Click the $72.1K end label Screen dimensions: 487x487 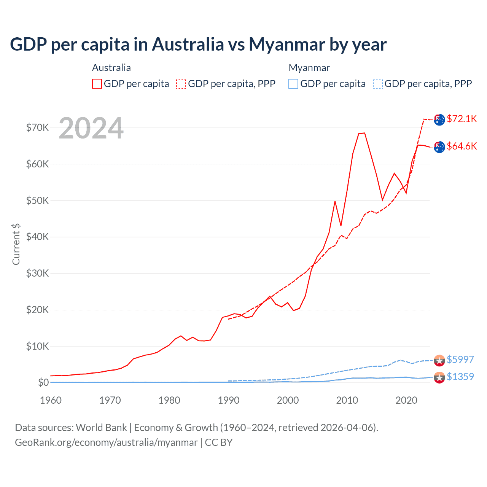[x=462, y=119]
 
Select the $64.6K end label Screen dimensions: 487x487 [x=462, y=146]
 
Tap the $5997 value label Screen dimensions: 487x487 [x=460, y=360]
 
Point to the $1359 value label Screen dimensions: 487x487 [x=460, y=377]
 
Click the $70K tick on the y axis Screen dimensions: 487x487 [x=37, y=127]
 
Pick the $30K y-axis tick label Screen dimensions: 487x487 [x=37, y=273]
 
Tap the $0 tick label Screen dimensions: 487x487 [x=43, y=382]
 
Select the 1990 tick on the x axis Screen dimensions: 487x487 [x=229, y=400]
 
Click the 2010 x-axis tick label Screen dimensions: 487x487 [x=347, y=400]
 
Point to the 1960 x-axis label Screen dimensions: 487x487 [x=51, y=400]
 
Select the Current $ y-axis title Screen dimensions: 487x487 [x=16, y=244]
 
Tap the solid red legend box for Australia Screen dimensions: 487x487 [x=97, y=84]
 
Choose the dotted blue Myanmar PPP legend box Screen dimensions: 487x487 [x=378, y=84]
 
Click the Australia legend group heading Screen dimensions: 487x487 [x=111, y=68]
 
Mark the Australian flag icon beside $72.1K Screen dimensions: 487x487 [x=439, y=119]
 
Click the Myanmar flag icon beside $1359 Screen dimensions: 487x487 [x=439, y=377]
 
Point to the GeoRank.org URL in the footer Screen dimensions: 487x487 [x=106, y=442]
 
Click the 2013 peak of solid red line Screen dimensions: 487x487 [x=364, y=133]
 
